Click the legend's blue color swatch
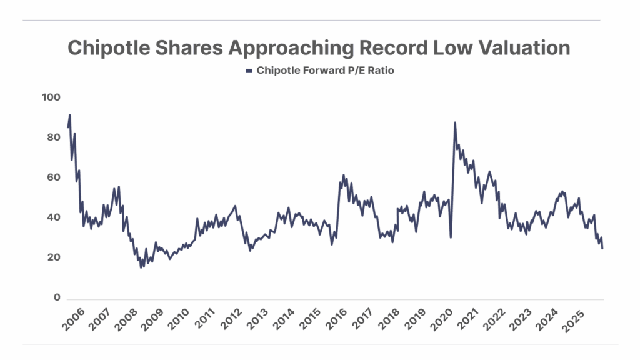[249, 71]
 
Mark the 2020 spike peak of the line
[454, 123]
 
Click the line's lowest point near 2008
[141, 267]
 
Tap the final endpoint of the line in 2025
[602, 248]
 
